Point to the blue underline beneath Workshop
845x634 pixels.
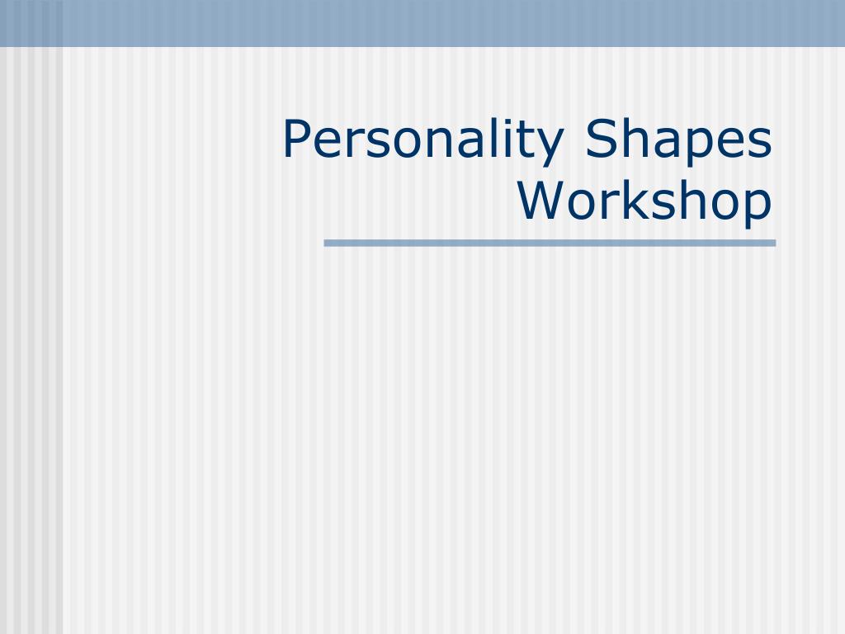coord(550,244)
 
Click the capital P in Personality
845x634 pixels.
coord(297,139)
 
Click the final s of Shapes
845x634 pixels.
coord(761,144)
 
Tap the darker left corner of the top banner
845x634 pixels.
coord(31,23)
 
